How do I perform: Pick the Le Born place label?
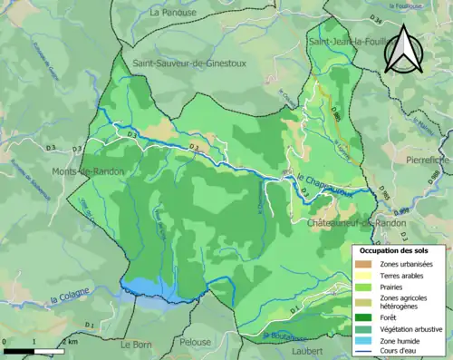pos(137,345)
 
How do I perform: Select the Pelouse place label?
pos(196,345)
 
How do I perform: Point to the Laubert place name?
pos(308,350)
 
